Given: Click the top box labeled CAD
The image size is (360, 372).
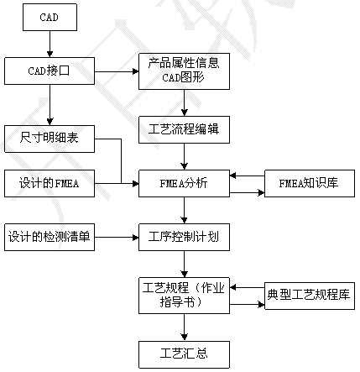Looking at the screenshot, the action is tap(50, 17).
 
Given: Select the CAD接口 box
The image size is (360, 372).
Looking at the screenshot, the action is tap(50, 71).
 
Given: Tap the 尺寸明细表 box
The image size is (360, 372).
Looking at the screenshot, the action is tap(50, 139).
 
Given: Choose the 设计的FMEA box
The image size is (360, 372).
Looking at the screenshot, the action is tap(50, 183).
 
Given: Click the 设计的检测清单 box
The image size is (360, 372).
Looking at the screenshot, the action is tap(50, 237).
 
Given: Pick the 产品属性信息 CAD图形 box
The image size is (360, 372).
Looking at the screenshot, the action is tap(184, 71).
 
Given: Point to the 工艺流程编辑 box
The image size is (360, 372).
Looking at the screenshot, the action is tap(184, 130).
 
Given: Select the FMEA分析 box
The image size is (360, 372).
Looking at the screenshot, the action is tap(184, 183).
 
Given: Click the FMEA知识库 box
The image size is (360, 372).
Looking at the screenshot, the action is tap(310, 183).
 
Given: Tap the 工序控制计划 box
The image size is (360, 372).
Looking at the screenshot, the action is tap(184, 237).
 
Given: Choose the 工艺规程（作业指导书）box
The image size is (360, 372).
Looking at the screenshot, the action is tap(184, 296).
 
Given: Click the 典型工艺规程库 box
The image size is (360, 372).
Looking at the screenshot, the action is tap(310, 296).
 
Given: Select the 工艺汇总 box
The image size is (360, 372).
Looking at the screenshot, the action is tap(184, 354).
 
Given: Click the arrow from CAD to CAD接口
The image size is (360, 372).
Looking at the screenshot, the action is tap(50, 44).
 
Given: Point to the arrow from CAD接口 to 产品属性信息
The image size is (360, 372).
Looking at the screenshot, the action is tap(117, 71).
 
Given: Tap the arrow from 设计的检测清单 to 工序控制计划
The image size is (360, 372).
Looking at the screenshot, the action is tap(117, 238).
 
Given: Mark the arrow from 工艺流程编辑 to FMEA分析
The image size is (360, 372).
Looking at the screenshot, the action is tap(184, 156).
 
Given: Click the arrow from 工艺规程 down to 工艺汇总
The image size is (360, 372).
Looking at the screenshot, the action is tap(184, 327).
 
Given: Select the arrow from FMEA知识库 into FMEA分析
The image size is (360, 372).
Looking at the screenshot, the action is tap(248, 176).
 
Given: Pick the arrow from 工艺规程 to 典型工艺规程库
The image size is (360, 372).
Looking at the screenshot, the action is tap(248, 304).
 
